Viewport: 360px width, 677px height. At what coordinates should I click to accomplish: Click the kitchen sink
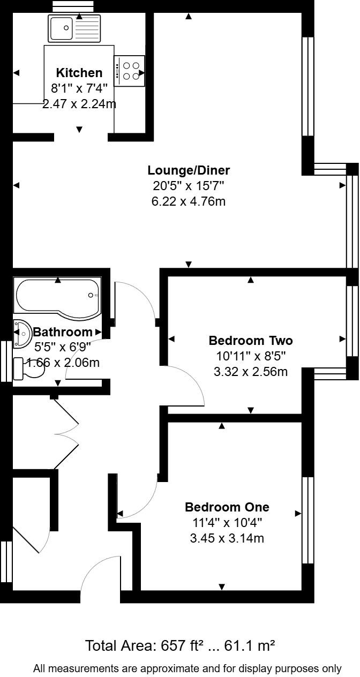(74, 28)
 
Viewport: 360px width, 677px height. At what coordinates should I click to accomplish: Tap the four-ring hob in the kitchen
(129, 71)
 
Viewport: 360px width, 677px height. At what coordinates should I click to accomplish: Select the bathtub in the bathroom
(58, 296)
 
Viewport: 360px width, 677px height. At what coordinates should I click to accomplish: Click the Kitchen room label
(79, 73)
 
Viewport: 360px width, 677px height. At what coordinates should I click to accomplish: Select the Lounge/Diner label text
(189, 170)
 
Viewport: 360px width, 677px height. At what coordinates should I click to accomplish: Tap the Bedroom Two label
(250, 341)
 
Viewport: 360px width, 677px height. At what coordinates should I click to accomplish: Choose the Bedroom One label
(227, 507)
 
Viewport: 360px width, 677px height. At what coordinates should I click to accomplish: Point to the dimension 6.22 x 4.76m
(189, 202)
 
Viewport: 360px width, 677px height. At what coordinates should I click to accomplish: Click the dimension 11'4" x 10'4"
(227, 522)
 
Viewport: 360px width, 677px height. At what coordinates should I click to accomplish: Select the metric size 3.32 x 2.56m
(250, 371)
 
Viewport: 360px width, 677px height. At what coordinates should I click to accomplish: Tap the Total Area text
(180, 645)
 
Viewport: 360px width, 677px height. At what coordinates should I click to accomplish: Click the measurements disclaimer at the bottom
(187, 668)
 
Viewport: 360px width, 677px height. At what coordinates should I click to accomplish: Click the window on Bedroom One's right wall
(307, 520)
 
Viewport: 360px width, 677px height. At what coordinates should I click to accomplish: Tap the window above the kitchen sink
(74, 6)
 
